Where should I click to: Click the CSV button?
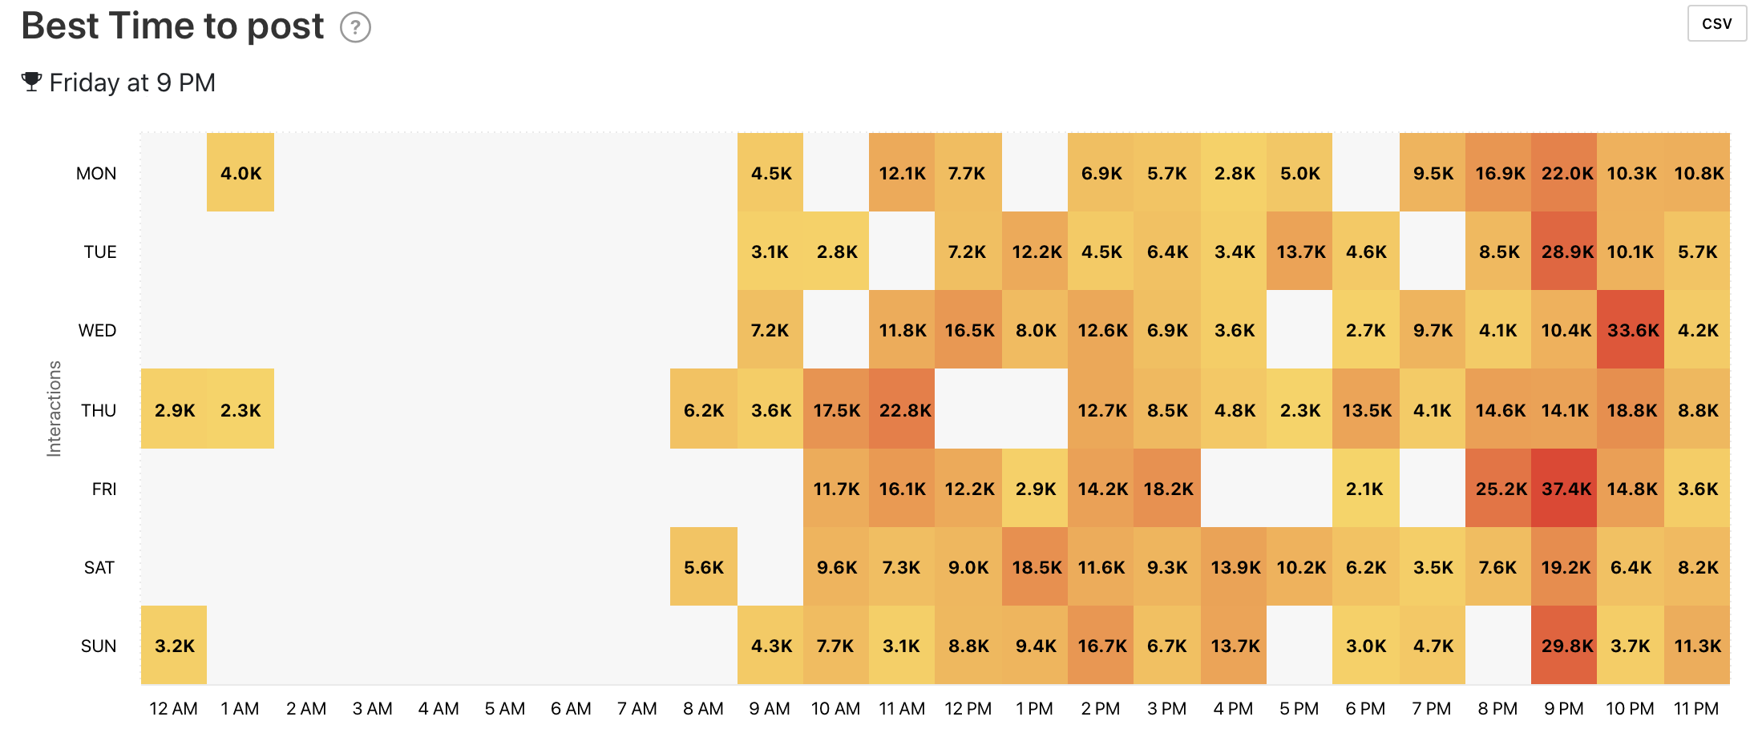[1716, 23]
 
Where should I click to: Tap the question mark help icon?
[355, 28]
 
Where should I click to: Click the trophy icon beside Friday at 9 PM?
[31, 82]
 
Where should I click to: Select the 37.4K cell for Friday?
[1564, 489]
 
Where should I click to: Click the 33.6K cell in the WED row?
[1631, 330]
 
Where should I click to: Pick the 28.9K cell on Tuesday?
[1564, 252]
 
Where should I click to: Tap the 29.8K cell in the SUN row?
[1564, 646]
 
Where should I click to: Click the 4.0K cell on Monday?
[240, 173]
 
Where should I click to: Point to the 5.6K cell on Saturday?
[703, 567]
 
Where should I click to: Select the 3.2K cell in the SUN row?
[174, 646]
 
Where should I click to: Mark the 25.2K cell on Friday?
[1498, 489]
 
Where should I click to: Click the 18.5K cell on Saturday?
[1035, 567]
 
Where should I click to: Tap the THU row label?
[99, 410]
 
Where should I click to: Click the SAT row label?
[99, 567]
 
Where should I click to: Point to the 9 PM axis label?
[1563, 709]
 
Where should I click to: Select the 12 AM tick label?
[173, 709]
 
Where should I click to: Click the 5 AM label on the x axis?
[504, 709]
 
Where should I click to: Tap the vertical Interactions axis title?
[54, 409]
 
